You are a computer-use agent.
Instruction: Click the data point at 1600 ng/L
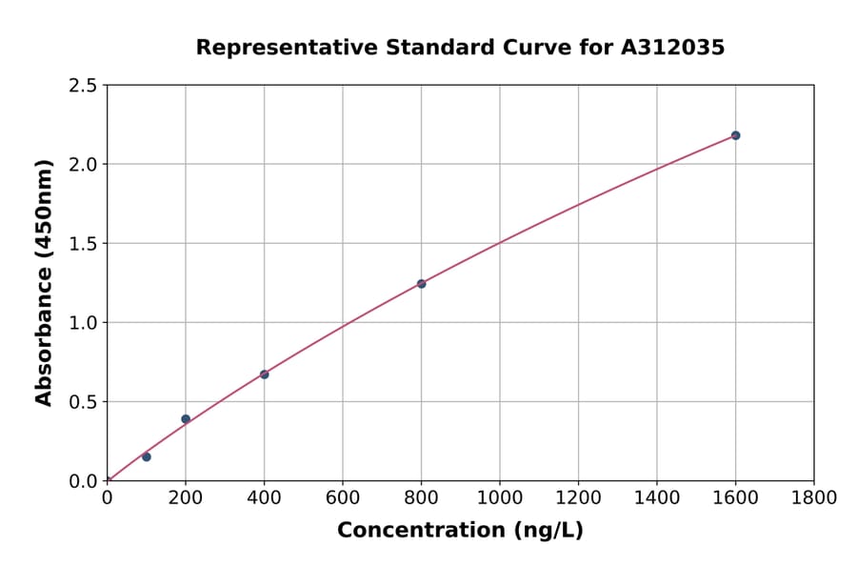[735, 135]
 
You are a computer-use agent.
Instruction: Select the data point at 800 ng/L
[421, 284]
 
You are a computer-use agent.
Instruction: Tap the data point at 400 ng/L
[264, 374]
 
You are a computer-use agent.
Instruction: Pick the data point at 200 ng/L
[186, 419]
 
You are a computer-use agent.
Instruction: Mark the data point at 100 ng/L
[146, 456]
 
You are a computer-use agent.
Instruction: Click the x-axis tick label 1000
[500, 497]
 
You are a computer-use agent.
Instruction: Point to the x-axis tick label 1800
[814, 497]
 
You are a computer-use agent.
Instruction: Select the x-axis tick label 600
[343, 497]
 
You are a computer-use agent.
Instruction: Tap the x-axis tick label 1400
[657, 497]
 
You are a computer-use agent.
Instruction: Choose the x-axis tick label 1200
[578, 497]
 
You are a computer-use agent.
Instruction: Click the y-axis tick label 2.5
[83, 86]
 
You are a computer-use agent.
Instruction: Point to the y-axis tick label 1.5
[83, 244]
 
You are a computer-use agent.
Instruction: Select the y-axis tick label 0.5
[83, 402]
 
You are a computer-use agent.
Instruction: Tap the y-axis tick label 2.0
[83, 165]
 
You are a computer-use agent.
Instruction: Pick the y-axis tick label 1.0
[83, 323]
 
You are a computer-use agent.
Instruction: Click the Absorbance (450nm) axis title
[44, 283]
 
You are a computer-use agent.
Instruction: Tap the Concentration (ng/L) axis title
[460, 531]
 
